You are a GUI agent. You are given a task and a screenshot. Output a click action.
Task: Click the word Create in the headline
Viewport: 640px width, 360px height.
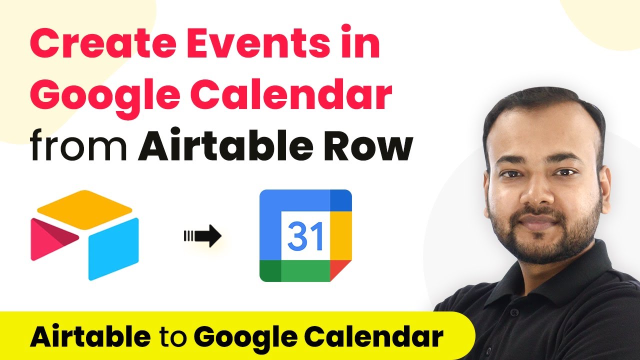coord(103,43)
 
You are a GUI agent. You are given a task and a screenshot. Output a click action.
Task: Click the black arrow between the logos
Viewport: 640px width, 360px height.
coord(202,235)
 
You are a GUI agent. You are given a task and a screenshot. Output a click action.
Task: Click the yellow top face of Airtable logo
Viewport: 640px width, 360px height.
coord(84,209)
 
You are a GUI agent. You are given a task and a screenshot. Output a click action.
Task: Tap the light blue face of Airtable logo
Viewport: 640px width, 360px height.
coord(113,249)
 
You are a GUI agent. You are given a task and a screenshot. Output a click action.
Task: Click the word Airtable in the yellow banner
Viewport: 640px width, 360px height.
coord(90,336)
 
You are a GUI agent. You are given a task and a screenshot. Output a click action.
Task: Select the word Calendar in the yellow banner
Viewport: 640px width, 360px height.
coord(373,336)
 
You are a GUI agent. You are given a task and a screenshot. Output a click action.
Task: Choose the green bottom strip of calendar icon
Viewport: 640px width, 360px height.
coord(295,271)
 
